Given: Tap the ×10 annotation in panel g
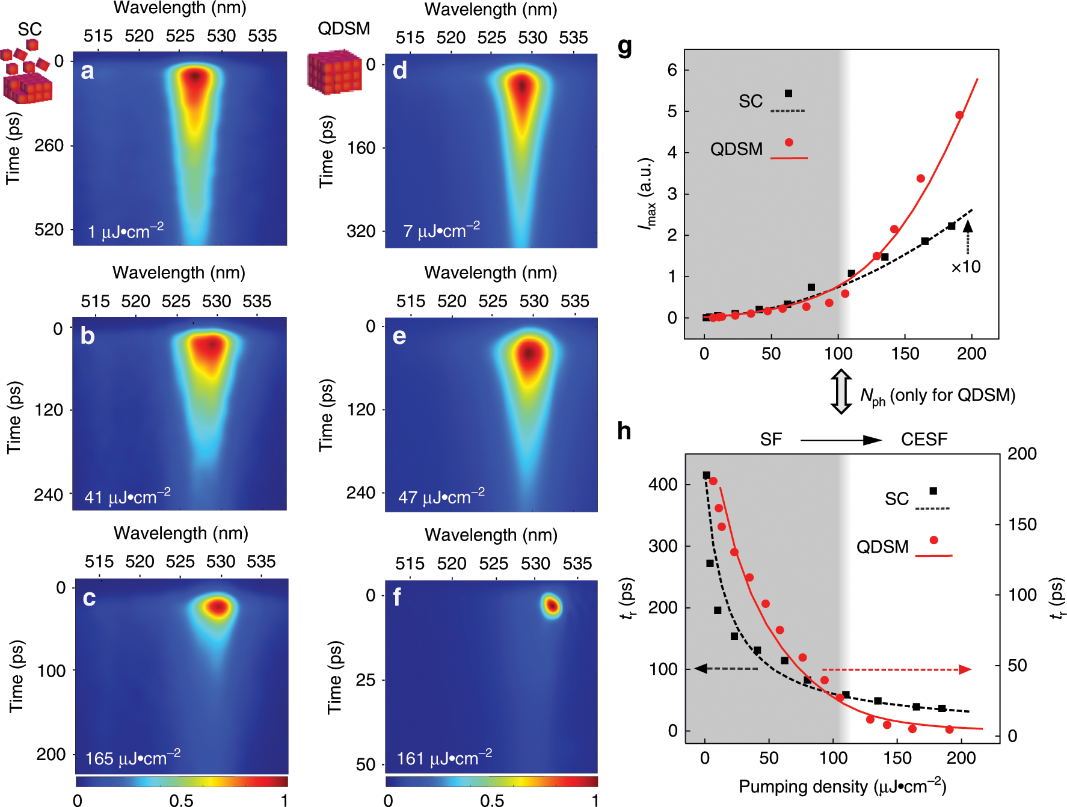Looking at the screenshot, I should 965,266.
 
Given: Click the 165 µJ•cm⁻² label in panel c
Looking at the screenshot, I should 132,758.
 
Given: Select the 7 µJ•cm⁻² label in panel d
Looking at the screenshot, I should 441,231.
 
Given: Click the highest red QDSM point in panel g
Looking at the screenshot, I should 959,115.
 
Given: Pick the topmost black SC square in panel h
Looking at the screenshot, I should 707,475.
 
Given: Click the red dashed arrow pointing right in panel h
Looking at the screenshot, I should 896,669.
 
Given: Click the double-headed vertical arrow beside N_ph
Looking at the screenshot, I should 841,391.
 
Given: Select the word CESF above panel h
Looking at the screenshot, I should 924,440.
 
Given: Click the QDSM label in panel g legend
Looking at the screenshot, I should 736,149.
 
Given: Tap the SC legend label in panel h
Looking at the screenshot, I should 896,499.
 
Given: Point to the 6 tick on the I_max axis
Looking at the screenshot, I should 672,70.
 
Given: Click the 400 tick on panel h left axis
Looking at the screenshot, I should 663,484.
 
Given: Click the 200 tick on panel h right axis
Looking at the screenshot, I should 1022,453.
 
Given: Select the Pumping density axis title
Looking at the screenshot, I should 842,787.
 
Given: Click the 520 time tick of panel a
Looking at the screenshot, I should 49,230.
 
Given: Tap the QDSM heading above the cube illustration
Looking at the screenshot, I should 343,28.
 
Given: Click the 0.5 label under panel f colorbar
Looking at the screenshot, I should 491,800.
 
